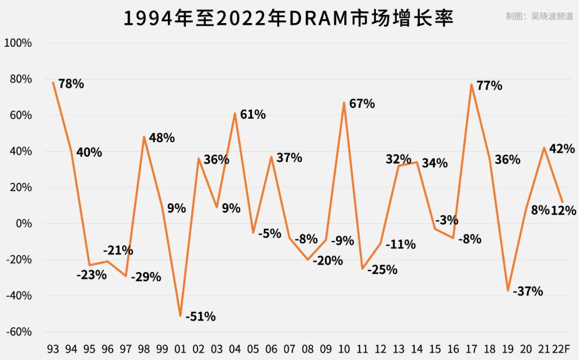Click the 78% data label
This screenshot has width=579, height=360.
[x=71, y=84]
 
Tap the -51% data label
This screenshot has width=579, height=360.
[x=201, y=317]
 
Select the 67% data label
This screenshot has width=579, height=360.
[x=362, y=104]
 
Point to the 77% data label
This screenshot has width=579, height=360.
[x=489, y=85]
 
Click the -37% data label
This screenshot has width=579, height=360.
[x=528, y=291]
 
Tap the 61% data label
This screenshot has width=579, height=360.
[x=253, y=114]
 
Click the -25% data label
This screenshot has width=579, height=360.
[x=382, y=269]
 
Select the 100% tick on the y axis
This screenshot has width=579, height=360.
[x=18, y=43]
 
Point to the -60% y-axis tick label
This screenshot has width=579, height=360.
[x=18, y=332]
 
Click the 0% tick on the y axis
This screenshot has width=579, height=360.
[x=23, y=223]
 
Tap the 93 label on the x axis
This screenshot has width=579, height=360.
[x=53, y=349]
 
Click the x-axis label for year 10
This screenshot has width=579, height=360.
[x=344, y=349]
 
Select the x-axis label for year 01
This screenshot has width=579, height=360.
[x=180, y=349]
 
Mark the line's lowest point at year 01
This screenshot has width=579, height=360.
[x=180, y=315]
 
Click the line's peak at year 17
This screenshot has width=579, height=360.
[x=471, y=84]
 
